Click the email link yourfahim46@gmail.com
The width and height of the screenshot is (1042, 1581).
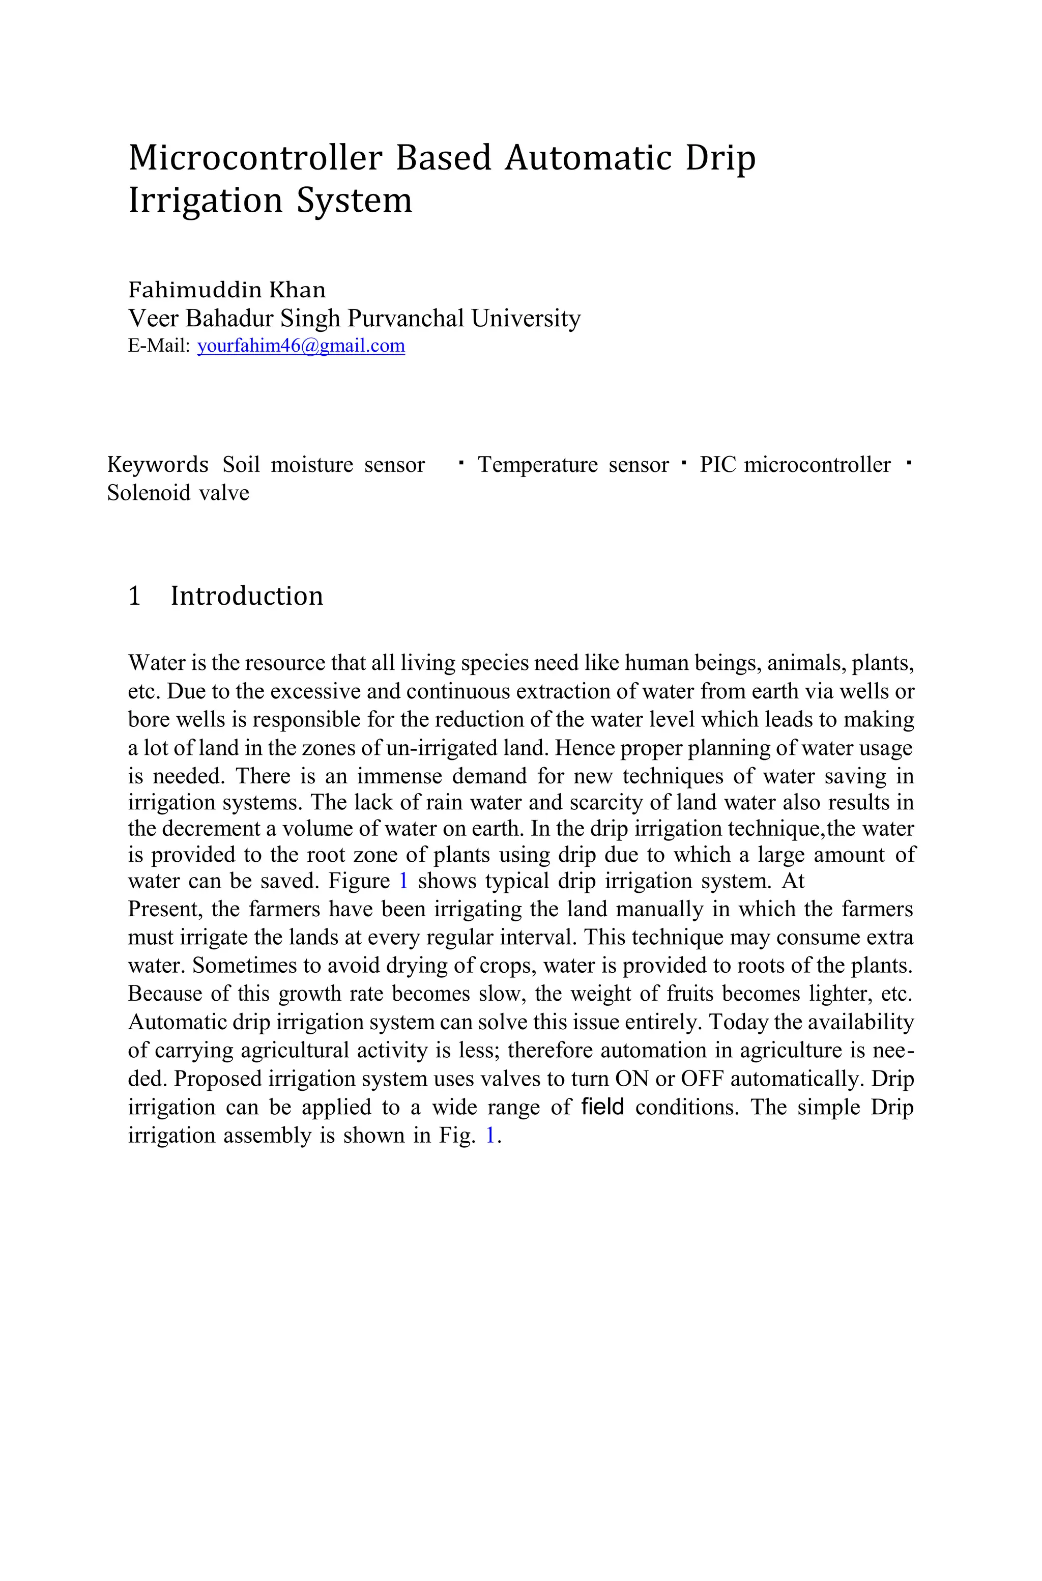[301, 346]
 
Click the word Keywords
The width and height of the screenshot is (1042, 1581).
[158, 465]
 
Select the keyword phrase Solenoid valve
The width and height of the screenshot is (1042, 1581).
[178, 493]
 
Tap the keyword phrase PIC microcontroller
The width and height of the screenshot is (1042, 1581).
[795, 465]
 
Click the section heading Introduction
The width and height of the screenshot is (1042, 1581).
[247, 596]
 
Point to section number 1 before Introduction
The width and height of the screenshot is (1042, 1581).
[134, 596]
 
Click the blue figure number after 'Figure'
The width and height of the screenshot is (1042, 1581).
[403, 881]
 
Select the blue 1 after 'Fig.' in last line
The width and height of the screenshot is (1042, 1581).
[490, 1136]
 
